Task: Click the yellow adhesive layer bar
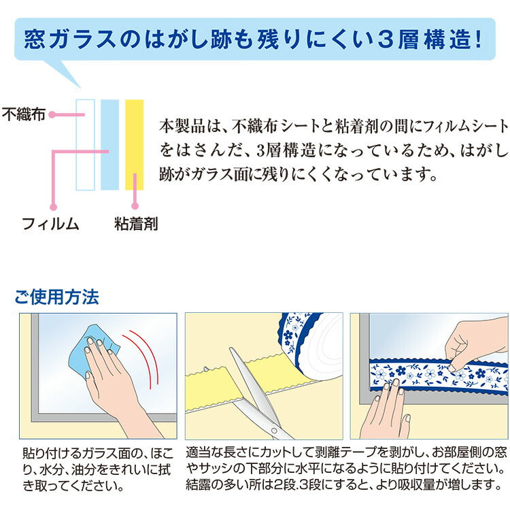pos(135,144)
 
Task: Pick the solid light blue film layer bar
pos(109,144)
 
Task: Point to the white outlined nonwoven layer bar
pos(85,144)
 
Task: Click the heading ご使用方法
pos(56,297)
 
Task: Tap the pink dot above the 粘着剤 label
pos(135,205)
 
